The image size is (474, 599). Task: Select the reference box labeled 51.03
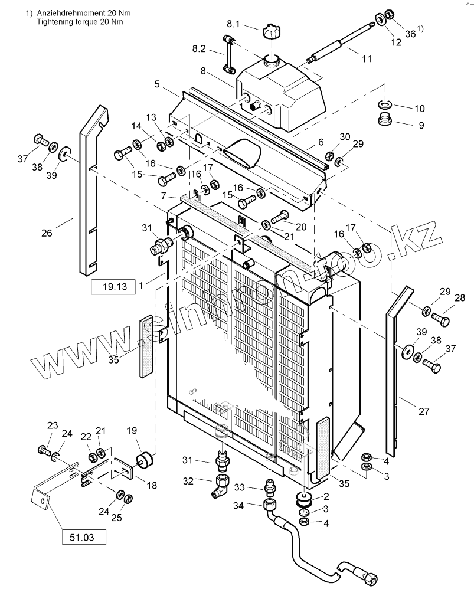pos(84,538)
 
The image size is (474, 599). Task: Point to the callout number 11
pos(367,59)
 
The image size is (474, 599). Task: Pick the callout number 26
pos(47,233)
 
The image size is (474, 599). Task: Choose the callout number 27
pos(424,411)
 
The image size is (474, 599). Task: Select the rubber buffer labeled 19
pos(145,459)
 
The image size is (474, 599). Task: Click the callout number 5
pos(157,84)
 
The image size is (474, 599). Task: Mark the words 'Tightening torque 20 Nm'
pos(80,21)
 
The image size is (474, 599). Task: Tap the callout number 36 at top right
pos(410,34)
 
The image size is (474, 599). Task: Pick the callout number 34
pos(238,506)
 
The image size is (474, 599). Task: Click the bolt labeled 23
pos(44,450)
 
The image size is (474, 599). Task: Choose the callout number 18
pos(152,485)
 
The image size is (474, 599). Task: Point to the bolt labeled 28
pos(441,318)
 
